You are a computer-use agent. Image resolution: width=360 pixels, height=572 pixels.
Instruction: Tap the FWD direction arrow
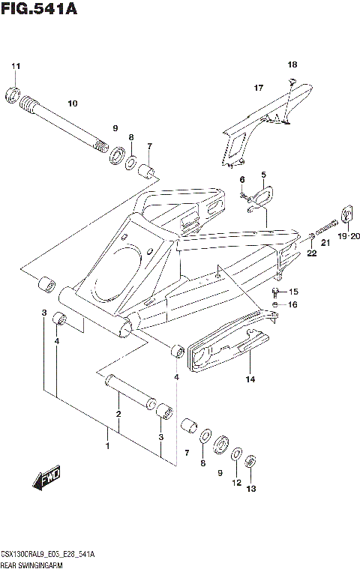click(x=46, y=476)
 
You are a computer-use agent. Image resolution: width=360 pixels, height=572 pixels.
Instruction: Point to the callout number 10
click(x=73, y=103)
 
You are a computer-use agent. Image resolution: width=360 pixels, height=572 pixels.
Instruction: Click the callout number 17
click(x=258, y=88)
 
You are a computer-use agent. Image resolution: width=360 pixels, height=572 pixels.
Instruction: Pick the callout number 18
click(x=292, y=64)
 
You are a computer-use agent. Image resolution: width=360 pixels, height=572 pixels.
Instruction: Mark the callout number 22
click(x=311, y=254)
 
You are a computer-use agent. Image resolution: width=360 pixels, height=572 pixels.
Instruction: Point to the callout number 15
click(x=293, y=292)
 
